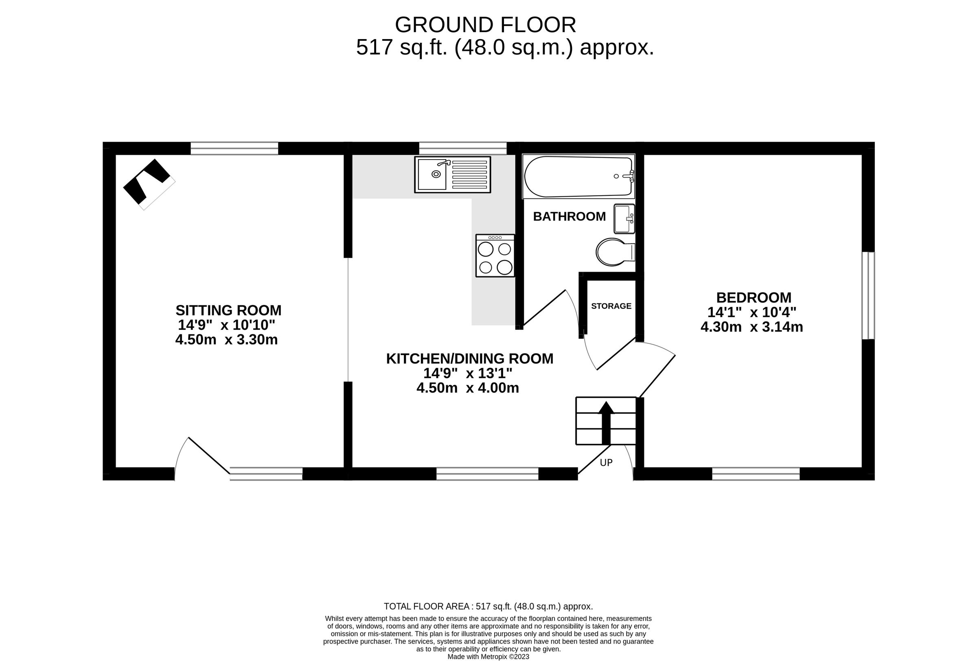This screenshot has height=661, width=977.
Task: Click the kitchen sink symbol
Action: (x=452, y=174)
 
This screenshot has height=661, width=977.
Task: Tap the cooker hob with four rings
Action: (x=495, y=256)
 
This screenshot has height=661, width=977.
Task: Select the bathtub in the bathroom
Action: (x=578, y=177)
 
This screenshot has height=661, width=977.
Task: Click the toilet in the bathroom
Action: (x=614, y=252)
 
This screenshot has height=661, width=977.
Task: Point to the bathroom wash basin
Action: (x=624, y=219)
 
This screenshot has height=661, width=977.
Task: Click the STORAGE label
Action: (x=611, y=306)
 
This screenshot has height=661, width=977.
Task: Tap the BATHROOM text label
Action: (x=569, y=217)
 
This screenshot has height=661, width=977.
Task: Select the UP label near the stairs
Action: (x=606, y=463)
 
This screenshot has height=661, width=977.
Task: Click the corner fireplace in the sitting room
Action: (x=149, y=184)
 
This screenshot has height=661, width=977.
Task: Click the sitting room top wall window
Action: (x=234, y=148)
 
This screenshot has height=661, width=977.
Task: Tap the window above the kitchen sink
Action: (x=462, y=148)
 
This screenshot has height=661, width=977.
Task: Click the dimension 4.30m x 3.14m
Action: (x=751, y=327)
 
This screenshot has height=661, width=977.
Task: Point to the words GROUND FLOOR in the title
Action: (x=485, y=25)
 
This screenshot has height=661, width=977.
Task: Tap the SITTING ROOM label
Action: (x=228, y=310)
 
